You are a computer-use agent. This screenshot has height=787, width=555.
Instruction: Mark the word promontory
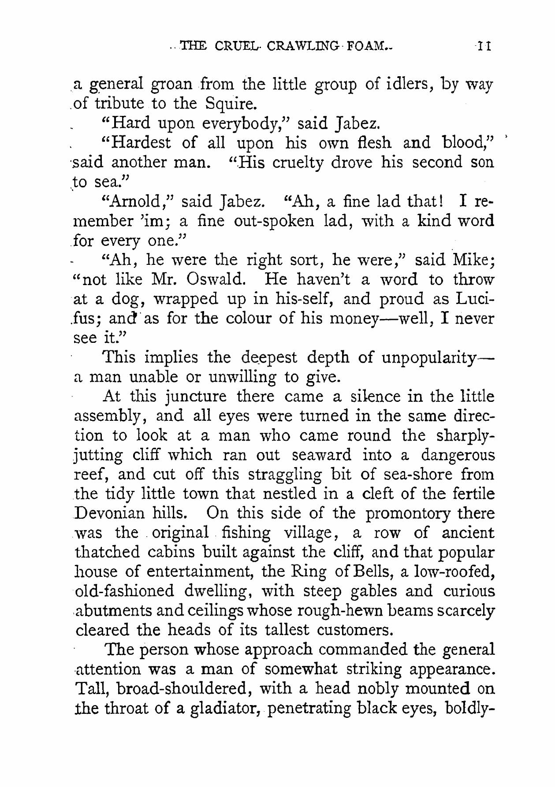click(411, 514)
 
